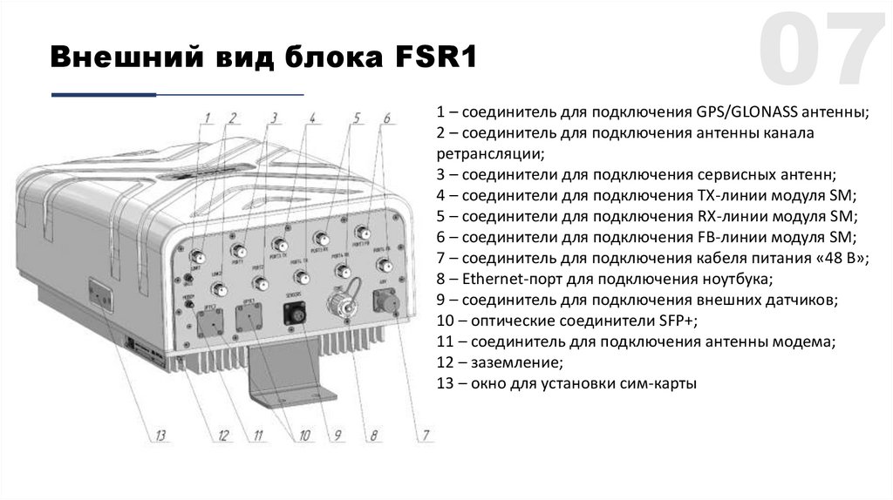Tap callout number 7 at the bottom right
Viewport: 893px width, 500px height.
coord(426,436)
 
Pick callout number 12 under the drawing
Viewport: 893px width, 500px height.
coord(223,436)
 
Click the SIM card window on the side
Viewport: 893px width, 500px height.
coord(98,288)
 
